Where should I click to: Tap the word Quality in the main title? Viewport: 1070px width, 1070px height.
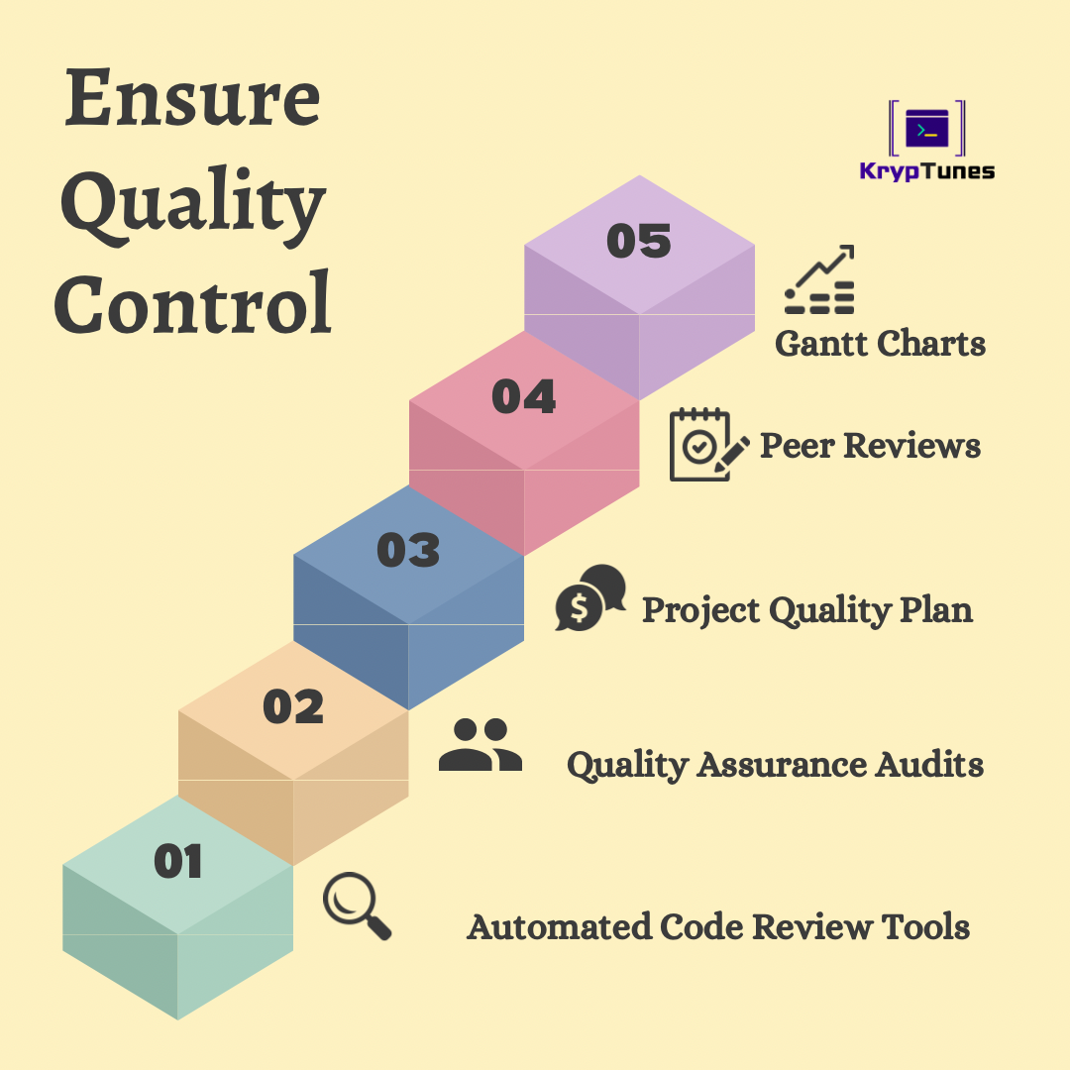[x=193, y=205]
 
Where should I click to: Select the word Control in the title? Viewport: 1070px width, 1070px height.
[x=192, y=302]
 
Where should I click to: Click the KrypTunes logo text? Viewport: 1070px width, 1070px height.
[x=926, y=170]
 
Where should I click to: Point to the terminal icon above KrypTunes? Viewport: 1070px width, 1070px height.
[x=926, y=128]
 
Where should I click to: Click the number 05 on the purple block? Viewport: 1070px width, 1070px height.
[x=639, y=241]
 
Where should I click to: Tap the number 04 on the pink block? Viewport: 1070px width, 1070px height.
[x=523, y=396]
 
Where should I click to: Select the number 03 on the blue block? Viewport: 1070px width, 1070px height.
[x=408, y=550]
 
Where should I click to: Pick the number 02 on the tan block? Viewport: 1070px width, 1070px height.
[x=293, y=706]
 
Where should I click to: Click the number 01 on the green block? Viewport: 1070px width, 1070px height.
[x=178, y=861]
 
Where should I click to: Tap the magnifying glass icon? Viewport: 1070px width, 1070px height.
[x=357, y=907]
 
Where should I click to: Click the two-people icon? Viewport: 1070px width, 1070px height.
[x=481, y=744]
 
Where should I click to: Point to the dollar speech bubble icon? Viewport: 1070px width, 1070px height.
[x=590, y=597]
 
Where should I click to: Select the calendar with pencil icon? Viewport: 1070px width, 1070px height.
[x=709, y=445]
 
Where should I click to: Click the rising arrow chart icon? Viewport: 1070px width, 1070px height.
[x=819, y=279]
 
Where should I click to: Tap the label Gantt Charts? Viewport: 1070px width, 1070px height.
[x=881, y=343]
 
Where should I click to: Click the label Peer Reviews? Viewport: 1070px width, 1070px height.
[x=870, y=446]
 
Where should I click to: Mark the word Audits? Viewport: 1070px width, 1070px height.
[x=929, y=764]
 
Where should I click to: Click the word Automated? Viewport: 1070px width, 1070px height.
[x=559, y=926]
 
